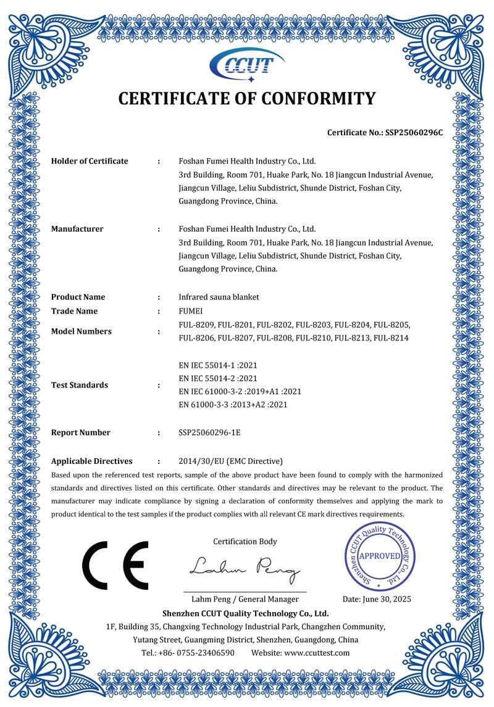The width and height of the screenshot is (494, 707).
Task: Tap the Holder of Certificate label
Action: click(90, 161)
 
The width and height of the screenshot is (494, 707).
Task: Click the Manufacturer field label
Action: click(77, 229)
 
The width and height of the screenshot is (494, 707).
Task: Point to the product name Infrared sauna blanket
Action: click(219, 297)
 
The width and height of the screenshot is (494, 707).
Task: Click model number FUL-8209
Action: click(196, 325)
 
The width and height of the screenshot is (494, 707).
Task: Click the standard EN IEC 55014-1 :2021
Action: click(217, 365)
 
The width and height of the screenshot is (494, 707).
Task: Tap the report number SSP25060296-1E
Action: click(209, 432)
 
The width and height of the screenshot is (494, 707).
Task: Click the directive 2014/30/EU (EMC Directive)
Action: click(230, 461)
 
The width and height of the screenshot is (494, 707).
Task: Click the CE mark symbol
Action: click(116, 566)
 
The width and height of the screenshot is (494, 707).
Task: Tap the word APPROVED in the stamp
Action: click(380, 555)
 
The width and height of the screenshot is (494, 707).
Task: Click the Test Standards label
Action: click(80, 385)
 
